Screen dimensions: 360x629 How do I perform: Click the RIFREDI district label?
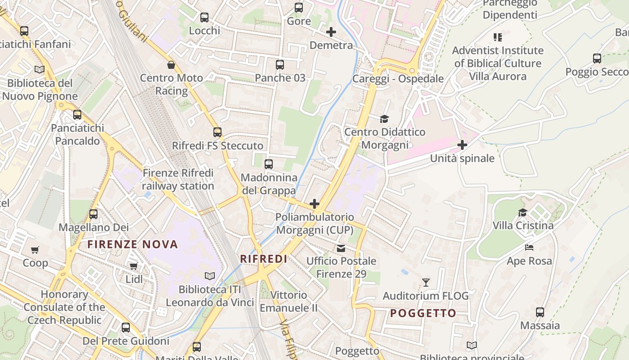click(x=264, y=259)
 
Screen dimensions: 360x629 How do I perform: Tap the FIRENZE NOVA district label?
click(x=133, y=244)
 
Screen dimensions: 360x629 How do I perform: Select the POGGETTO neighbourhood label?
click(x=423, y=313)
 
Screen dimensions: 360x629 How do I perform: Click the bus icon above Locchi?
click(x=204, y=18)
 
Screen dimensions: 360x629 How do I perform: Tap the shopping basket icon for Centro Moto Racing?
click(x=171, y=65)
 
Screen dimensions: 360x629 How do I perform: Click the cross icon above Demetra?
click(x=331, y=32)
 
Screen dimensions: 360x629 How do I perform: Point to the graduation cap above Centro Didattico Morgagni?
click(x=384, y=119)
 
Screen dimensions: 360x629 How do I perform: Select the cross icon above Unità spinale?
click(x=462, y=145)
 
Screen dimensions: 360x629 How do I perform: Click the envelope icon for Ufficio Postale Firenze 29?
click(x=341, y=248)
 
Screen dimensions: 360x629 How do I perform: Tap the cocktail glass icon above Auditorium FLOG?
click(x=426, y=283)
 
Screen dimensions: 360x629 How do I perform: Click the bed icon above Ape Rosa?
click(x=529, y=247)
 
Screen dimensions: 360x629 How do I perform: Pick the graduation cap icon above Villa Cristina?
click(x=523, y=212)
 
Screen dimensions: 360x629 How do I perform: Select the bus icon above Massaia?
click(x=540, y=312)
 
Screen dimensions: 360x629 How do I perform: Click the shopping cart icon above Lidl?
click(x=133, y=266)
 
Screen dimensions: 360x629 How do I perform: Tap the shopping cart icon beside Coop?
click(x=35, y=250)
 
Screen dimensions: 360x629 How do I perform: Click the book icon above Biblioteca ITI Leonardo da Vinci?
click(x=210, y=276)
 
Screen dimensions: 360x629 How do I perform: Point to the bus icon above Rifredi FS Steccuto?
click(x=217, y=132)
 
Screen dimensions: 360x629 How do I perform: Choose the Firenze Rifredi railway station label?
click(x=178, y=180)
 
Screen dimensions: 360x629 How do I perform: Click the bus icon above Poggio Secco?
click(x=597, y=58)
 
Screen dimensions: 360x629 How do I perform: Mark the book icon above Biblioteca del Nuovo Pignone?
click(x=40, y=70)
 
